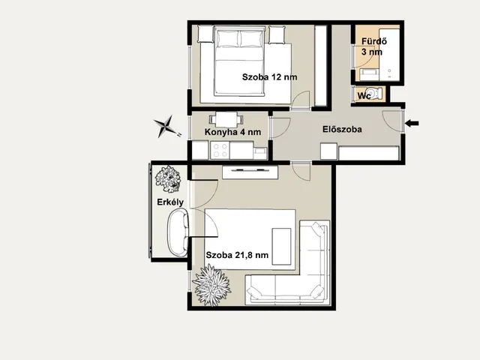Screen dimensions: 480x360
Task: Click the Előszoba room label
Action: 342,129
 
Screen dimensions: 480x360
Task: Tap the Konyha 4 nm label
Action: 232,132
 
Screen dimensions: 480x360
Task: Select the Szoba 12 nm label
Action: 269,76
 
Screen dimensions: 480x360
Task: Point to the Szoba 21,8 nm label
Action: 237,255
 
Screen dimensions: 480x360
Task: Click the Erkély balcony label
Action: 170,202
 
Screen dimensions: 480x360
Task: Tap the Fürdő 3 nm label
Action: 373,46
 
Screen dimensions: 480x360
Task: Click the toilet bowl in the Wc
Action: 374,92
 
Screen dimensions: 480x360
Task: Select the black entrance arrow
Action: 412,123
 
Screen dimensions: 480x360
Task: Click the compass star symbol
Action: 166,126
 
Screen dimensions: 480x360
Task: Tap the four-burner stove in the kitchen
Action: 220,150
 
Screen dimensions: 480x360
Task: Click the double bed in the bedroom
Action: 239,61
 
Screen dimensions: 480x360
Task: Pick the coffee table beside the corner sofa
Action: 281,247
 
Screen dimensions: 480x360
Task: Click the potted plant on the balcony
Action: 168,179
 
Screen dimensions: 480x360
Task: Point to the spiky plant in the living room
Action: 211,285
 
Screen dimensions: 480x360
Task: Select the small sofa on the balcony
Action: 178,232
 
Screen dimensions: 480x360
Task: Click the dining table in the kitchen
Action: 226,120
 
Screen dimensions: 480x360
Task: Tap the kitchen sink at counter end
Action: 260,153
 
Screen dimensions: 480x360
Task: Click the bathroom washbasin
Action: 369,74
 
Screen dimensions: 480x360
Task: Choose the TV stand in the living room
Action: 250,172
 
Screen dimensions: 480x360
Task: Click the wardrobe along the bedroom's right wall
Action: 321,65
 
